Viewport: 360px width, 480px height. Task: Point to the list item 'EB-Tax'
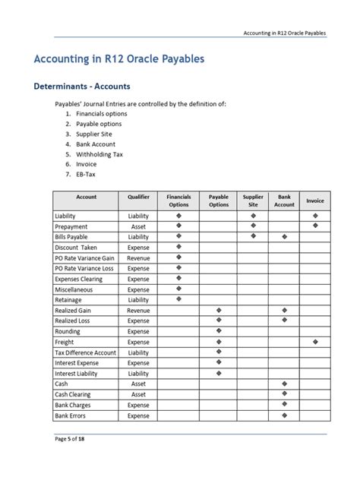click(86, 174)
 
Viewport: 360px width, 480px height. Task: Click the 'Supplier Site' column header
click(253, 201)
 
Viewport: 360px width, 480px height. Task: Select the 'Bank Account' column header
click(284, 201)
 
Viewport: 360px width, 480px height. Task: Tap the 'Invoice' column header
click(314, 201)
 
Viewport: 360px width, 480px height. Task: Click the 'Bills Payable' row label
click(72, 237)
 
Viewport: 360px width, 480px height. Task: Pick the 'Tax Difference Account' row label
click(85, 352)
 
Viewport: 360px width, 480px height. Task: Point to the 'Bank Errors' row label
click(71, 415)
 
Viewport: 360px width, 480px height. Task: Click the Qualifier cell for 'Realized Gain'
click(138, 311)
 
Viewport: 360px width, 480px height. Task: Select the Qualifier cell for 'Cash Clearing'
click(138, 394)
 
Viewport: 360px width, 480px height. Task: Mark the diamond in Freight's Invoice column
click(314, 342)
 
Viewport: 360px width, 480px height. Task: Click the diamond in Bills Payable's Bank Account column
click(284, 237)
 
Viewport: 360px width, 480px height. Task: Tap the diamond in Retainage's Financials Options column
click(179, 300)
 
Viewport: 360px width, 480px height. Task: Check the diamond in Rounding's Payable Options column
click(219, 331)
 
